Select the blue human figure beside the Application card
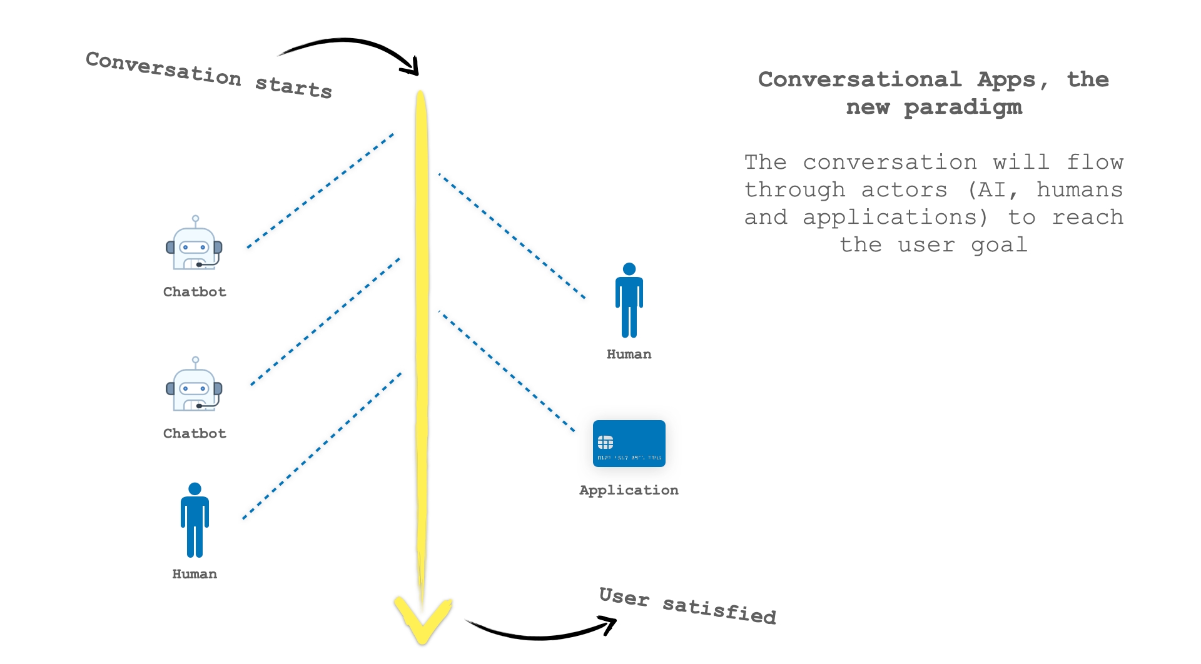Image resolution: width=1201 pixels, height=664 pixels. click(x=629, y=300)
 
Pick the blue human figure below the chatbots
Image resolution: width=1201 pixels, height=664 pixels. click(x=195, y=520)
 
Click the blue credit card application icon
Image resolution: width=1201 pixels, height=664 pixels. click(x=629, y=443)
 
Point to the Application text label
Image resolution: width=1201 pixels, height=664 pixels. click(x=629, y=490)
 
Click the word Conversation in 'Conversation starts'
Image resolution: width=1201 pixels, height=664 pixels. click(x=163, y=69)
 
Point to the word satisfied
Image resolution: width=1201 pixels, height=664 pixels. click(x=719, y=610)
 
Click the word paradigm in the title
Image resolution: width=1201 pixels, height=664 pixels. click(x=963, y=108)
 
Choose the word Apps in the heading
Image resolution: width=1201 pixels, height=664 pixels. click(x=1006, y=80)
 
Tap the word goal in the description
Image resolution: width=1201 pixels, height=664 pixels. click(x=999, y=245)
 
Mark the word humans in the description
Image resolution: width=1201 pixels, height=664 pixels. click(x=1079, y=189)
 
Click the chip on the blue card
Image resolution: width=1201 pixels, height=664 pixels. click(x=606, y=443)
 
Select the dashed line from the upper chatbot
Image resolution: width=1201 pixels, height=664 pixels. click(x=320, y=191)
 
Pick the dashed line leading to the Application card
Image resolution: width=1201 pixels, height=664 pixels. click(x=507, y=371)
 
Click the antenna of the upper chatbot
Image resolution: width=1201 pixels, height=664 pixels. click(x=196, y=221)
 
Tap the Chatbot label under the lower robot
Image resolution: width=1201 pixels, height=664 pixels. click(x=195, y=433)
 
